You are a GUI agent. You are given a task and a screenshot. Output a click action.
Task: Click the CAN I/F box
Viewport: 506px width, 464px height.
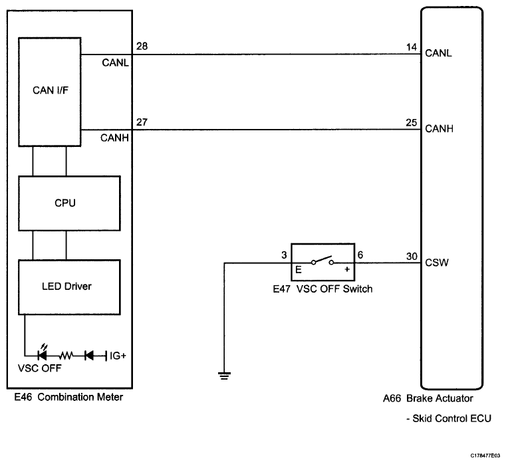50,92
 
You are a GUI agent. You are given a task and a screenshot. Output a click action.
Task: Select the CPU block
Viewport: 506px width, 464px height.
69,203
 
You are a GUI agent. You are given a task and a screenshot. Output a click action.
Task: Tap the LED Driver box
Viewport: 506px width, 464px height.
69,287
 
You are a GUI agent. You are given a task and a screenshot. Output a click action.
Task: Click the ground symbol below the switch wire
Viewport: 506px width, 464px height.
224,376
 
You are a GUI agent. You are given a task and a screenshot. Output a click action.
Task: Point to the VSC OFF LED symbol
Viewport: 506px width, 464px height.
43,354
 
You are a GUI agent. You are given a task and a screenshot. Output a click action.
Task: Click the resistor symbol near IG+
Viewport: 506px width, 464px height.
66,356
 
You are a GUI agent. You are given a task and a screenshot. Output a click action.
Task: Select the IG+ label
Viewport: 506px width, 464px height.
118,356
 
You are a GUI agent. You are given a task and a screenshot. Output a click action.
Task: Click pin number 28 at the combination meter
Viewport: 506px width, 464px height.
142,46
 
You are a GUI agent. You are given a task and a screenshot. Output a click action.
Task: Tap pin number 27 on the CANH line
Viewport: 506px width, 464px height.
142,122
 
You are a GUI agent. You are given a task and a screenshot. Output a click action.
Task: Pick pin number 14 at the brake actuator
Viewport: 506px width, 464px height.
412,47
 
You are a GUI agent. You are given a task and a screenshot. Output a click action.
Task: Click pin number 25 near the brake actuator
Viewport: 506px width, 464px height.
412,122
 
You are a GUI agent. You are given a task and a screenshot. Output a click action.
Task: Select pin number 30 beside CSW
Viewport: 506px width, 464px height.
412,256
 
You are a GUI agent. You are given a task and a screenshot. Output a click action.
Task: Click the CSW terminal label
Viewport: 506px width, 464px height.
437,263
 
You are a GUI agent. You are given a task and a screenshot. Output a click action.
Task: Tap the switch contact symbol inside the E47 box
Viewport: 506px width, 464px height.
322,260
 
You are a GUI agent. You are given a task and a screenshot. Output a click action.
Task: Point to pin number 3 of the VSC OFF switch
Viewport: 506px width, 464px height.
284,255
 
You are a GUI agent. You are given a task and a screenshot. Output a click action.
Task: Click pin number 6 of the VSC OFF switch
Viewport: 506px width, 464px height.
360,255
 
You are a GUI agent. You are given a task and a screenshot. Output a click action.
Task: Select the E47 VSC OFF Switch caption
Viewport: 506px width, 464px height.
322,289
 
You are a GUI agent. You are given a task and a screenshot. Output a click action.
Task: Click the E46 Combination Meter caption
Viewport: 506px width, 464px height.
68,397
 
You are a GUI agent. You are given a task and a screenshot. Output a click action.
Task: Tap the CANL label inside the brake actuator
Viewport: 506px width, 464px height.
438,53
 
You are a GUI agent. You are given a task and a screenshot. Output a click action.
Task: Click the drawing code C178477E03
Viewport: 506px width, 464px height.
485,455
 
